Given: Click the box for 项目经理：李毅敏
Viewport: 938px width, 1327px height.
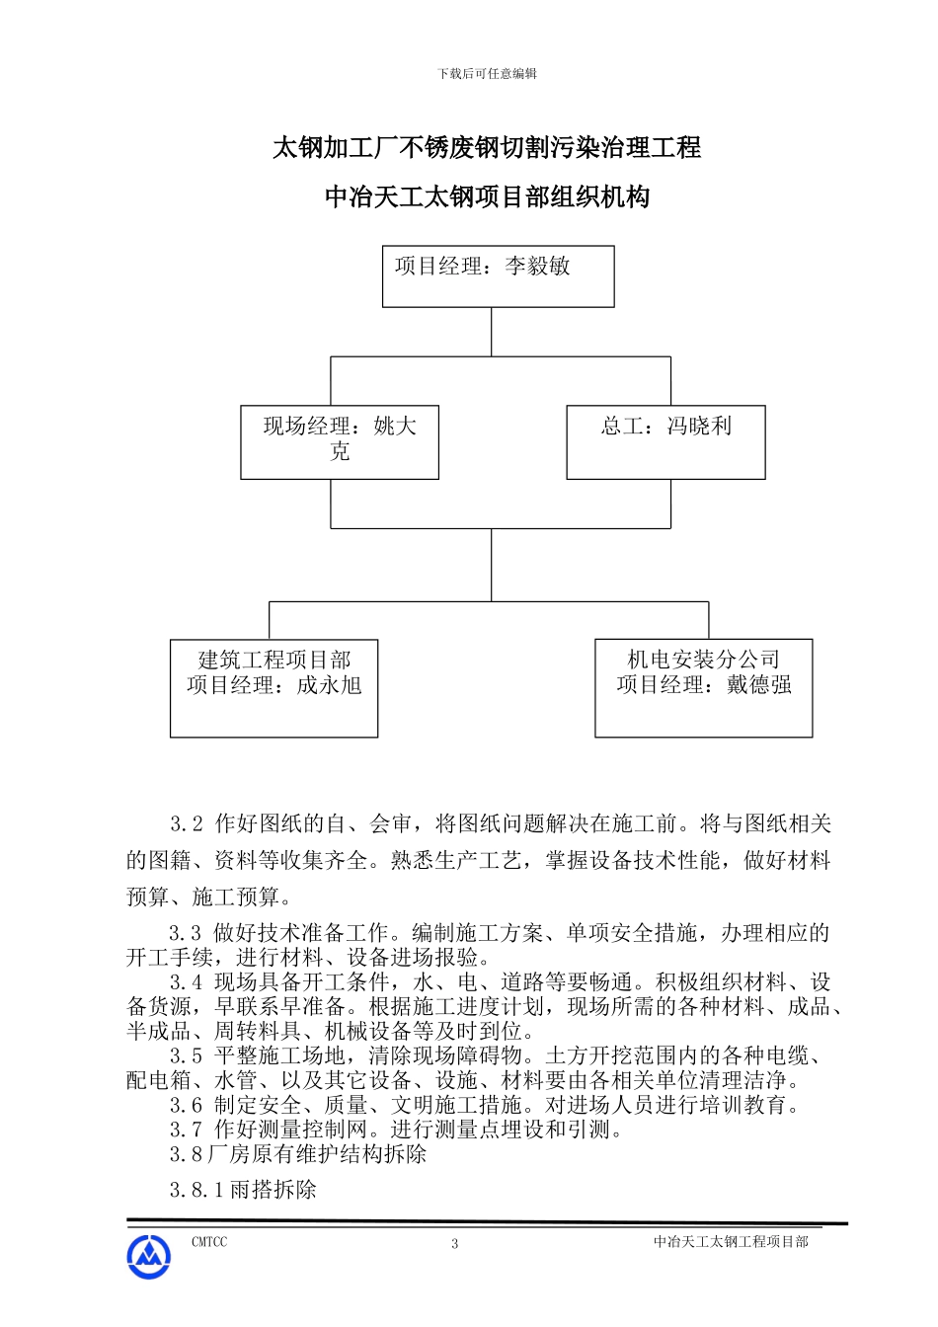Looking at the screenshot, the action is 498,276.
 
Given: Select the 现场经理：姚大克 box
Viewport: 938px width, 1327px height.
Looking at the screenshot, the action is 339,443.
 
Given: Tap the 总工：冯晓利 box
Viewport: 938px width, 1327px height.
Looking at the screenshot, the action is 665,443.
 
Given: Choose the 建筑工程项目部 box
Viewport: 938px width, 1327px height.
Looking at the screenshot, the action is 274,687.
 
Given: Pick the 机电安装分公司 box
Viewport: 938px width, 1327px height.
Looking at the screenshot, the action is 703,687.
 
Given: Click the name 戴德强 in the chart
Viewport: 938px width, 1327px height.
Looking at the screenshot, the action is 759,685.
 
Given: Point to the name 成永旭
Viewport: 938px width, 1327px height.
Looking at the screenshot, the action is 330,685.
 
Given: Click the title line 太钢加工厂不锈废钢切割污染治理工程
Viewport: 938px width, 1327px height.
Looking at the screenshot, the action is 487,148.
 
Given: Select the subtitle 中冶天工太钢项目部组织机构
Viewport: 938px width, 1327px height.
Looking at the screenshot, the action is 487,197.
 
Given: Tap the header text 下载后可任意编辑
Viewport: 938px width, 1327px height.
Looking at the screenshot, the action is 487,73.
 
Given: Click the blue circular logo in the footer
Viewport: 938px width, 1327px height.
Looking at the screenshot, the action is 148,1257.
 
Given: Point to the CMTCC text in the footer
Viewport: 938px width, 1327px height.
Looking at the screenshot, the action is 208,1242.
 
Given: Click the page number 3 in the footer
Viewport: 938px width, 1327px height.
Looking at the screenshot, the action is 455,1244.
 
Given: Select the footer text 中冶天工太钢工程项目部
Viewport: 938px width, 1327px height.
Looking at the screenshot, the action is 731,1242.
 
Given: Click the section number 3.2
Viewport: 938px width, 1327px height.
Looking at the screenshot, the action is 186,824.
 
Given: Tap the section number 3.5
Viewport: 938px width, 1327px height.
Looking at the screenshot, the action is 186,1056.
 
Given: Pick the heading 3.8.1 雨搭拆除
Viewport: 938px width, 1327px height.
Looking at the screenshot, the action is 243,1190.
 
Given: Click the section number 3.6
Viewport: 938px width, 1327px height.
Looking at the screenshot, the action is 186,1106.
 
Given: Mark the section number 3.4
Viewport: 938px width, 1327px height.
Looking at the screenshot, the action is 186,982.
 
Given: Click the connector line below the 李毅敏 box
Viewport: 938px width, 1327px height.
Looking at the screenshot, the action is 492,332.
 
